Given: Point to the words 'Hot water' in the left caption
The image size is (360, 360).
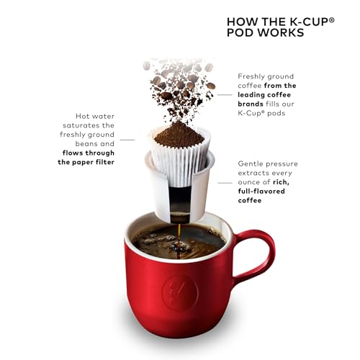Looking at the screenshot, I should [93, 116].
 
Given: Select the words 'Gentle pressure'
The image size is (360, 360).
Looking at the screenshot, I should [267, 163].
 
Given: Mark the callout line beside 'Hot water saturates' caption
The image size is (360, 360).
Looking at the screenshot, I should [128, 139].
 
